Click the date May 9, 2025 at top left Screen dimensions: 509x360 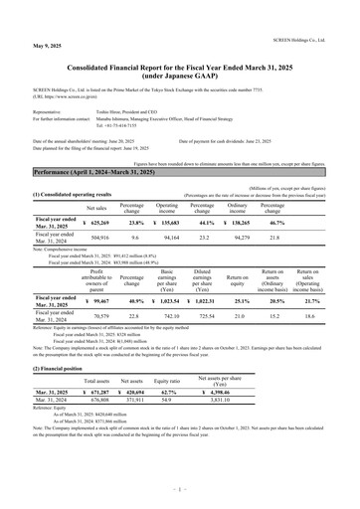(x=23, y=18)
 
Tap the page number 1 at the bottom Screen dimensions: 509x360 (x=180, y=490)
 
